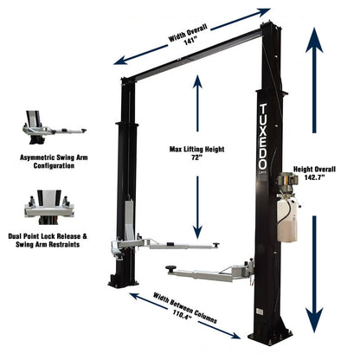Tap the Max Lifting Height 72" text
click(x=197, y=154)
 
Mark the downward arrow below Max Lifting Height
click(x=197, y=208)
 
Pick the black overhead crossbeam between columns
click(x=190, y=54)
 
